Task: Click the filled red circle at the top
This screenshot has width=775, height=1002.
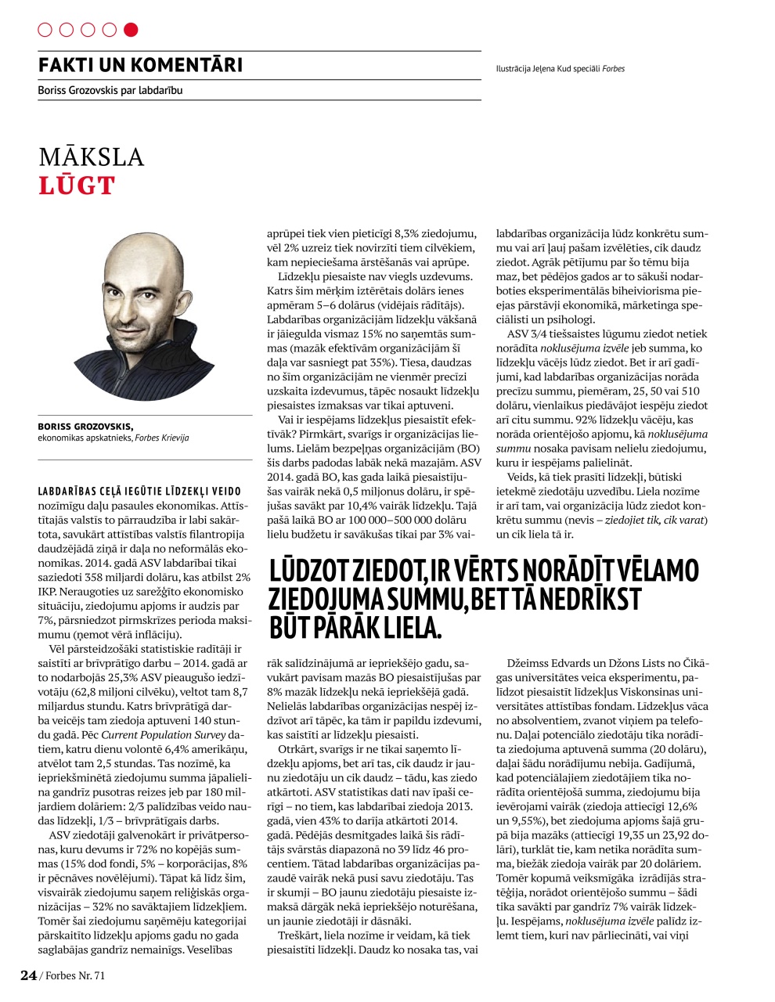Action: coord(131,30)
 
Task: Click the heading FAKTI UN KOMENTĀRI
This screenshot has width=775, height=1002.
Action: coord(140,65)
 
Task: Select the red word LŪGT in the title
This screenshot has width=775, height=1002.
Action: coord(77,186)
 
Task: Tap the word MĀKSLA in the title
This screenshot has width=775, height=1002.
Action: coord(92,157)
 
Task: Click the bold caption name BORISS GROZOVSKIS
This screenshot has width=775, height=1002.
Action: coord(85,427)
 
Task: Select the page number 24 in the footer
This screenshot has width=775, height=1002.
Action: coord(28,975)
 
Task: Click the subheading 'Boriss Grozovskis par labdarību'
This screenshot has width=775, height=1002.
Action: coord(110,91)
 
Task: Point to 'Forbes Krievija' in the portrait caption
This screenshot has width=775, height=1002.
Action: coord(162,438)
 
